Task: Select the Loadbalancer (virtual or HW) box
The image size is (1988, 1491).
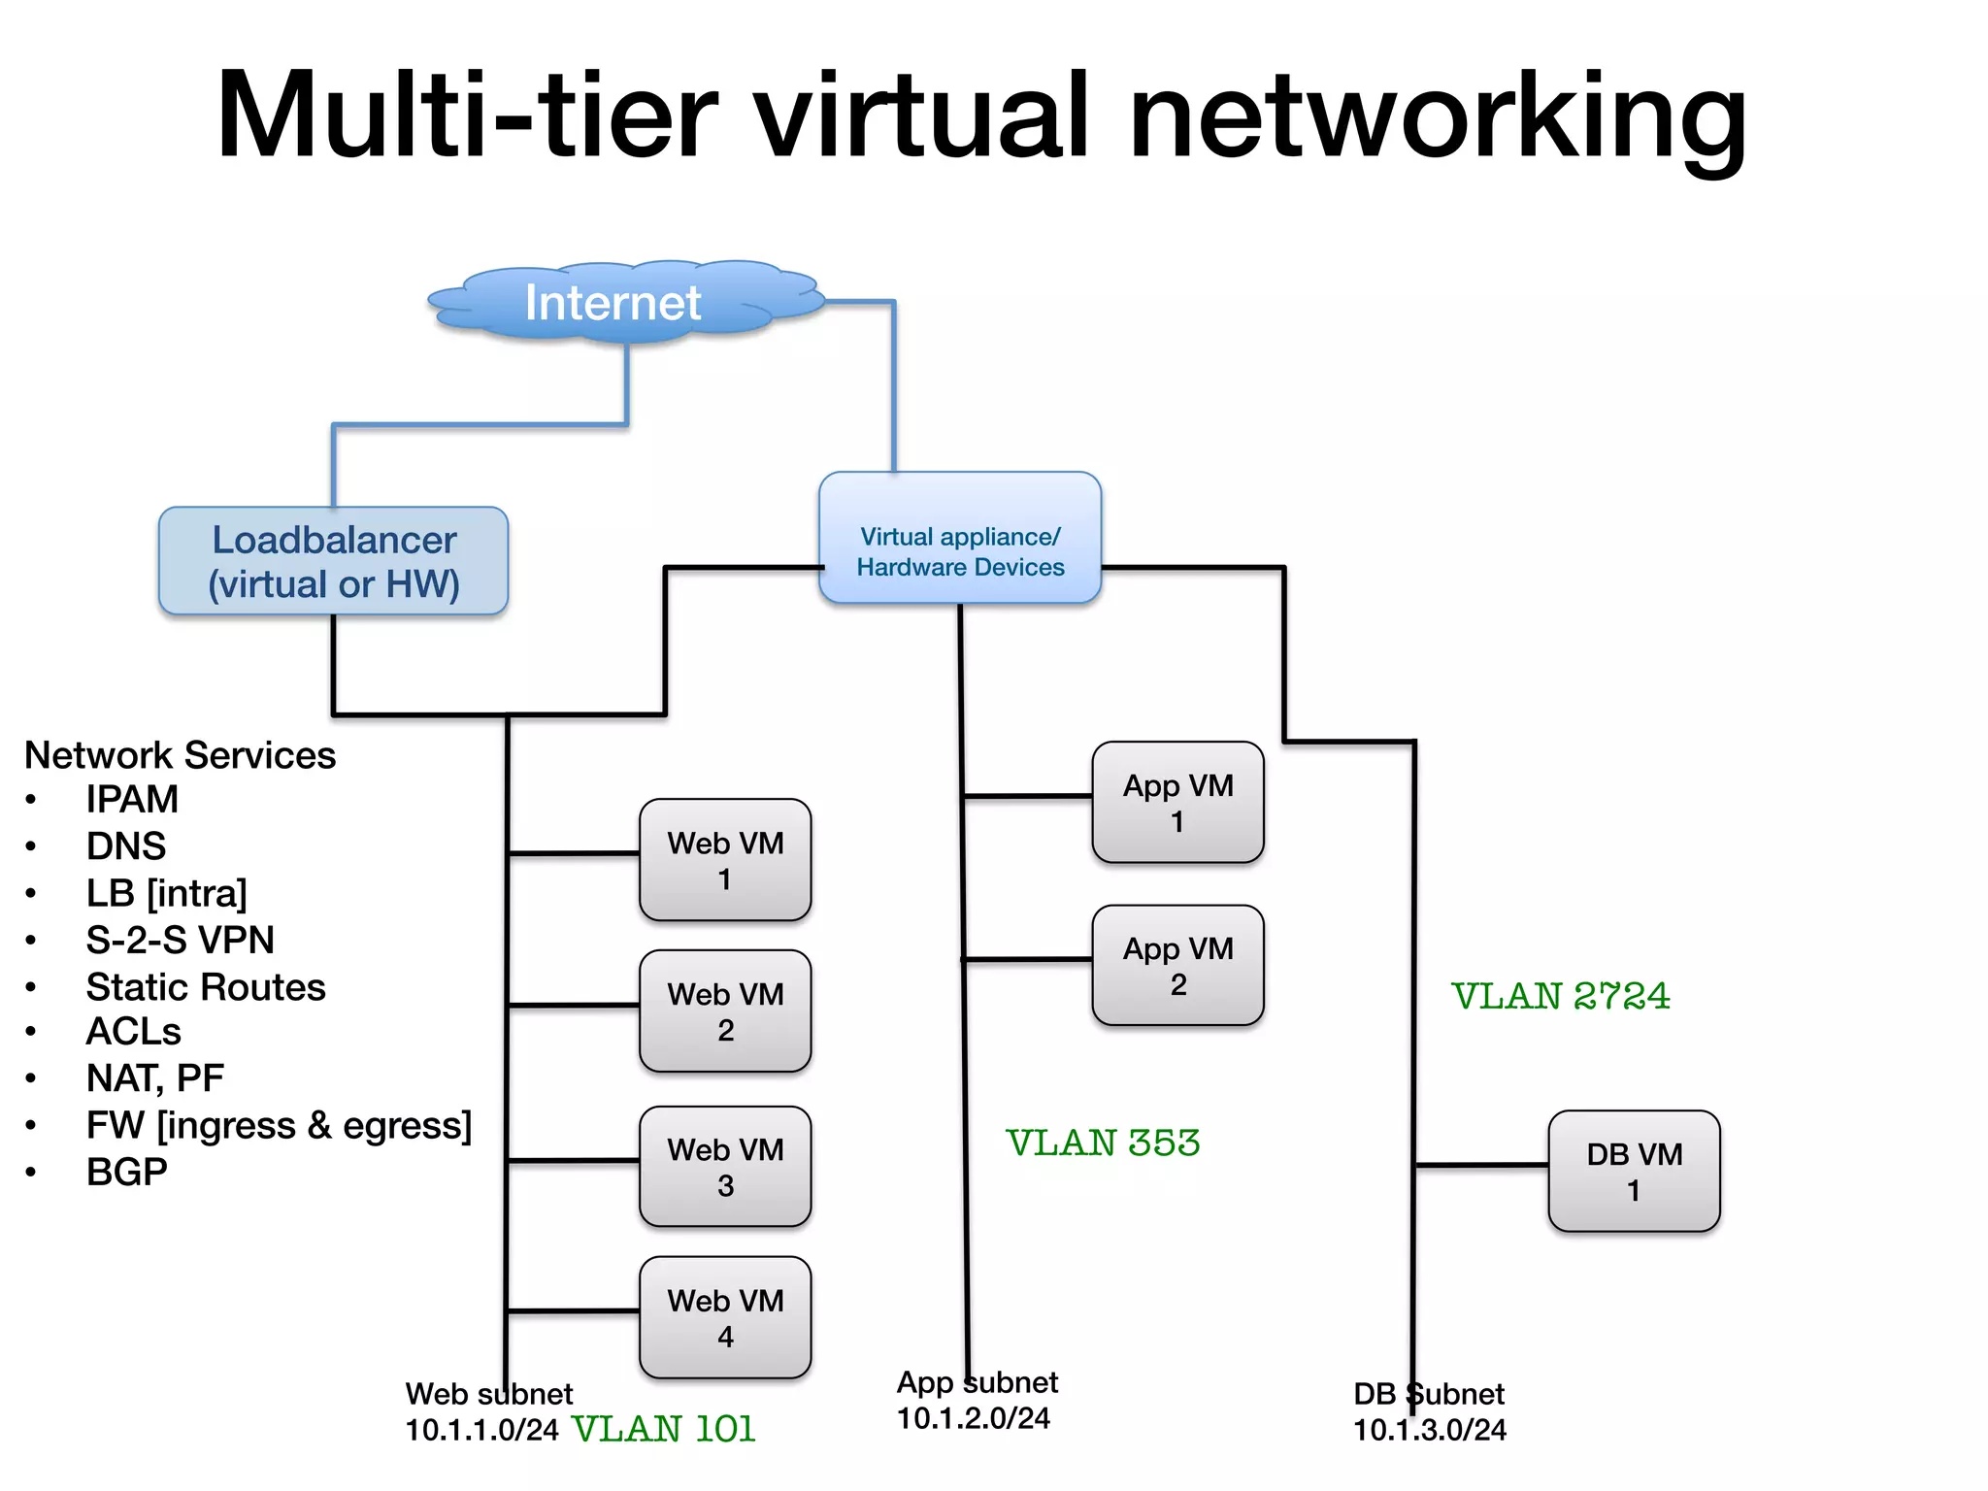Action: [333, 561]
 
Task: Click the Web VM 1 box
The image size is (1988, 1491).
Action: [725, 860]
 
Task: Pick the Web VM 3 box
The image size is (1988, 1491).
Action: [725, 1167]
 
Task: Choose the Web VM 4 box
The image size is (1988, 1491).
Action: [725, 1317]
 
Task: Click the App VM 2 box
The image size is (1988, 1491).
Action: [1177, 966]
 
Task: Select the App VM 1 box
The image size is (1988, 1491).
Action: [1177, 803]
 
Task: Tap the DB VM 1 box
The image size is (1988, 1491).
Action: [1634, 1172]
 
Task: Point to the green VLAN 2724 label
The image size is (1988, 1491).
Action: [1560, 996]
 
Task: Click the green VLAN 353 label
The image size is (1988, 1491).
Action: [1103, 1143]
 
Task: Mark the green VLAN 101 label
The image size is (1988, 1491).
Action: [664, 1429]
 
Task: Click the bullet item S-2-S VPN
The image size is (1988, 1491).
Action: [180, 940]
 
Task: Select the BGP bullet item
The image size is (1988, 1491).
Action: [126, 1172]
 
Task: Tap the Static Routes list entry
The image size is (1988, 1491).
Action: [205, 987]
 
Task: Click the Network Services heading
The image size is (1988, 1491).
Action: [180, 755]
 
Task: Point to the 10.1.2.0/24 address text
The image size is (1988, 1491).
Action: [973, 1418]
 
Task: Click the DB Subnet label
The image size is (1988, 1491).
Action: [1429, 1394]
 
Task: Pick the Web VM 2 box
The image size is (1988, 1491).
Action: [725, 1011]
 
